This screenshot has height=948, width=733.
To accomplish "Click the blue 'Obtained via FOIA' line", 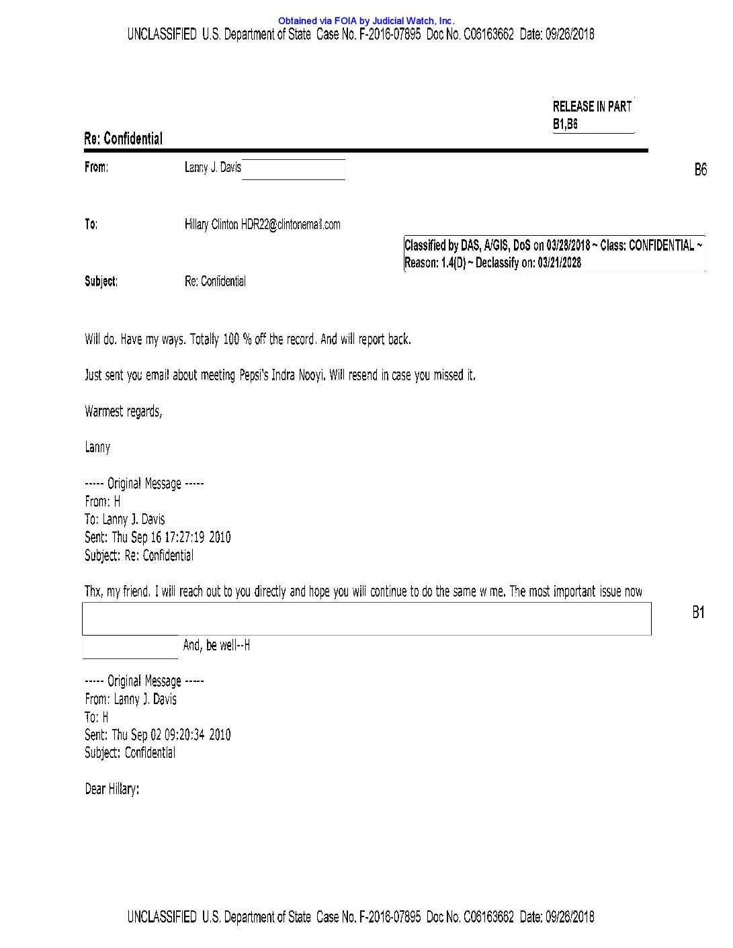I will click(x=366, y=21).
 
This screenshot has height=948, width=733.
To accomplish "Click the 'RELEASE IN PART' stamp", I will click(x=592, y=106).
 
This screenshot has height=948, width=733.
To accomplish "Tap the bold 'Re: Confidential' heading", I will click(x=123, y=139).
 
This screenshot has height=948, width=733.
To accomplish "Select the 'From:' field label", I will click(x=96, y=167).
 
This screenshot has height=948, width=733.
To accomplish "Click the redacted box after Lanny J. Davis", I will click(x=294, y=169).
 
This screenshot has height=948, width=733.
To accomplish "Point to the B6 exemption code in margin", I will click(x=700, y=169).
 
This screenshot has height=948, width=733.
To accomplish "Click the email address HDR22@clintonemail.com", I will click(x=290, y=224).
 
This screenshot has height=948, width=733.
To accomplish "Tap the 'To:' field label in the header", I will click(x=91, y=224).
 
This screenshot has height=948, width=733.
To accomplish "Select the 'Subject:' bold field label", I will click(x=101, y=282).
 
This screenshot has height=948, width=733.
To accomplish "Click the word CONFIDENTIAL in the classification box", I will click(x=661, y=245).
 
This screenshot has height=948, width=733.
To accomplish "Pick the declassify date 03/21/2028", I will click(x=559, y=263).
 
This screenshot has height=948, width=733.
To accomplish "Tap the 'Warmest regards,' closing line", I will click(x=124, y=411).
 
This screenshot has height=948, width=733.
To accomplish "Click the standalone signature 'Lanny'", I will click(x=97, y=447).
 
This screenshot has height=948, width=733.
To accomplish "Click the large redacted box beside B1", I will click(x=366, y=618).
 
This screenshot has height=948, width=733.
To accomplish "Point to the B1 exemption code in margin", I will click(x=698, y=612).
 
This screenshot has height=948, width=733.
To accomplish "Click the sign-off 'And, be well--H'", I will click(x=216, y=646).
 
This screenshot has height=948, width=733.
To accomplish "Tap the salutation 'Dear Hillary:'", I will click(x=112, y=789).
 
